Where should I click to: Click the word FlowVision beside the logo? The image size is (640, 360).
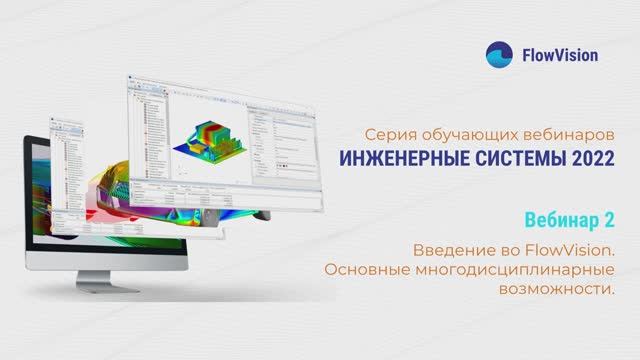click(561, 54)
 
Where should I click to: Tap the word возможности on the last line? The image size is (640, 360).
click(566, 288)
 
